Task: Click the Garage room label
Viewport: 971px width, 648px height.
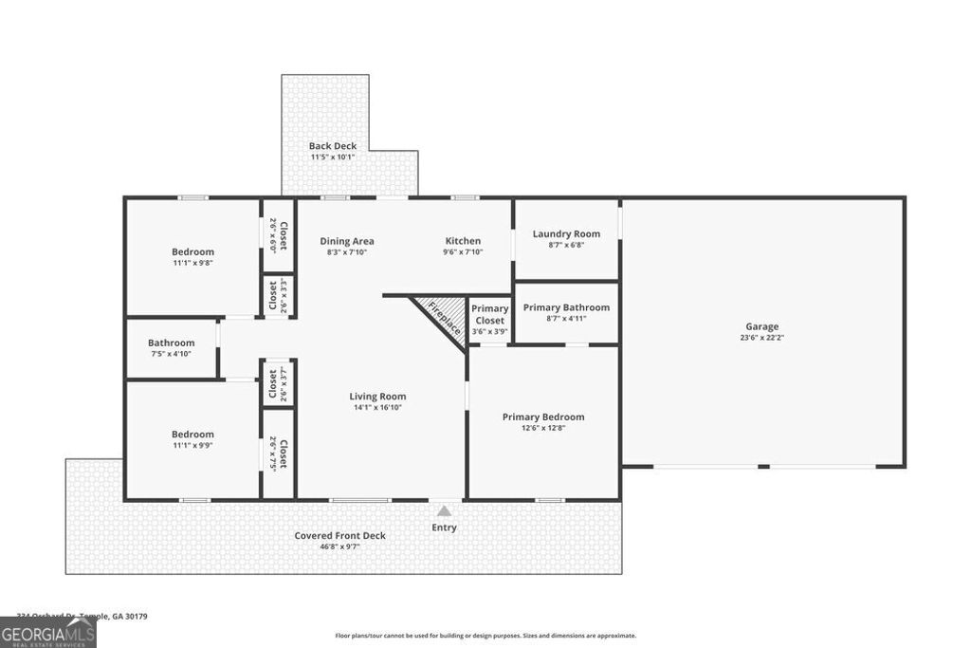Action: [761, 326]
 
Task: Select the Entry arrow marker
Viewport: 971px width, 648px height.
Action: [444, 511]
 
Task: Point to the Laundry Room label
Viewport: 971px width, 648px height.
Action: [566, 233]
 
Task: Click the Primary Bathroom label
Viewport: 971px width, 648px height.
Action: [566, 307]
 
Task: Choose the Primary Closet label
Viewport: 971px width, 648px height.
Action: [490, 314]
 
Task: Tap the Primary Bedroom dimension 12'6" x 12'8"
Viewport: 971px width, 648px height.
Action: [542, 428]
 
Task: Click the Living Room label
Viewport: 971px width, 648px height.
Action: [377, 397]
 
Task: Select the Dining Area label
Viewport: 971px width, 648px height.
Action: [347, 241]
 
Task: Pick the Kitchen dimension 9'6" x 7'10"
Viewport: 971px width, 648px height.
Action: [463, 252]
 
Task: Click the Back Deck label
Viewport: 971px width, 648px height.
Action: [333, 146]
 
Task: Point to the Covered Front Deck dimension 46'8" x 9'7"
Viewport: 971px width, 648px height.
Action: [339, 546]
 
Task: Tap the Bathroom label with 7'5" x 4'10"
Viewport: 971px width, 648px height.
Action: [171, 343]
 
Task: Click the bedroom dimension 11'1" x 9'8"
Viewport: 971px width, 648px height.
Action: [192, 263]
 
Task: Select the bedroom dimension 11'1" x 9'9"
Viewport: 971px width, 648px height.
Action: [192, 445]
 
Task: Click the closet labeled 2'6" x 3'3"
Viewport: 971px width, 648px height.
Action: [278, 294]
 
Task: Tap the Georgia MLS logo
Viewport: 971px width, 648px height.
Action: [47, 632]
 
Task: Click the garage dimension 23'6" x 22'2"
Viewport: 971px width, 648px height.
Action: [761, 338]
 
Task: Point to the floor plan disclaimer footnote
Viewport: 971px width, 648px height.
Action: [485, 636]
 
